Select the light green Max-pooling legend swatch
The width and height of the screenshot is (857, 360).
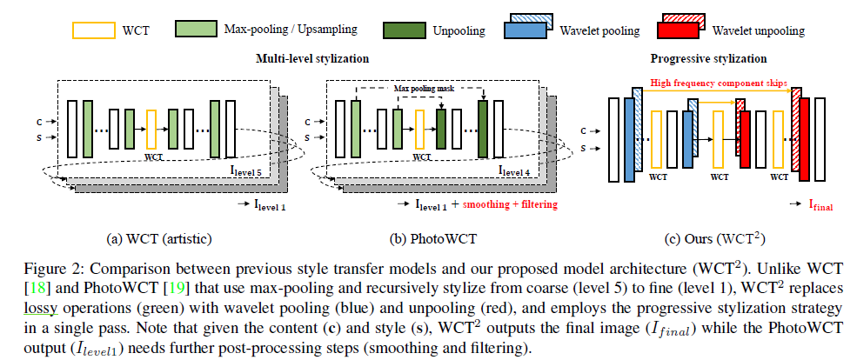[x=197, y=29]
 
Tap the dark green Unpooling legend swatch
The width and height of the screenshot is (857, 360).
[x=404, y=29]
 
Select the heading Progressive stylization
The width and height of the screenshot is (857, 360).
[x=708, y=59]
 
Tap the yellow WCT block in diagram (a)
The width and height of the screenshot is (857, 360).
[x=152, y=129]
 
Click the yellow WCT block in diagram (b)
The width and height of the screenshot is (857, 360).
[x=421, y=129]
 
